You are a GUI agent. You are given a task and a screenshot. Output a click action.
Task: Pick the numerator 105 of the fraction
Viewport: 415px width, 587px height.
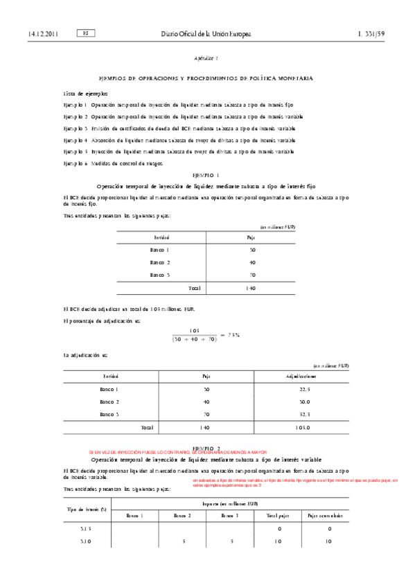pyautogui.click(x=194, y=331)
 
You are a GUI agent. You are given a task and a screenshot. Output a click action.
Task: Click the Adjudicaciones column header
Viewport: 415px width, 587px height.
pyautogui.click(x=302, y=377)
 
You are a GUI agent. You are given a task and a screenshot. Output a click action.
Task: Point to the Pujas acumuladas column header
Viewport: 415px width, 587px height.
pyautogui.click(x=325, y=516)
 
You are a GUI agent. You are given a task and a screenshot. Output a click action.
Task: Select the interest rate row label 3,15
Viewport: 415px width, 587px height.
pyautogui.click(x=86, y=529)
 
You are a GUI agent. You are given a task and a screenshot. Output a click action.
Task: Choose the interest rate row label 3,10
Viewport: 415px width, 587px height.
pyautogui.click(x=86, y=541)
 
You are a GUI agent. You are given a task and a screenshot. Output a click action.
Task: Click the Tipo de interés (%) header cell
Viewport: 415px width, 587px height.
pyautogui.click(x=86, y=509)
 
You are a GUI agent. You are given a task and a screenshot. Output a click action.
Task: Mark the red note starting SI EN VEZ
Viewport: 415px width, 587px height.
pyautogui.click(x=177, y=452)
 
